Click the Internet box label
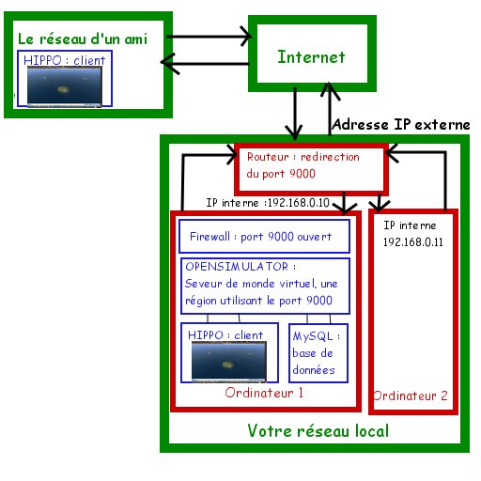click(311, 56)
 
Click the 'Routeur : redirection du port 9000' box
click(310, 166)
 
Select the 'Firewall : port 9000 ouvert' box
click(264, 237)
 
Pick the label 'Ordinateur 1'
click(264, 393)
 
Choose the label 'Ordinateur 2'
click(410, 396)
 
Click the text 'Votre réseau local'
click(318, 431)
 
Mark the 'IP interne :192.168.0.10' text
click(267, 202)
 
